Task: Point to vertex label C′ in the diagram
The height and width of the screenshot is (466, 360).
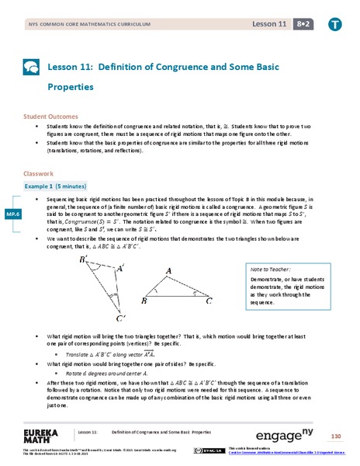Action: click(122, 318)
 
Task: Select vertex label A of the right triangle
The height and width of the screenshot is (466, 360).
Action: click(168, 270)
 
